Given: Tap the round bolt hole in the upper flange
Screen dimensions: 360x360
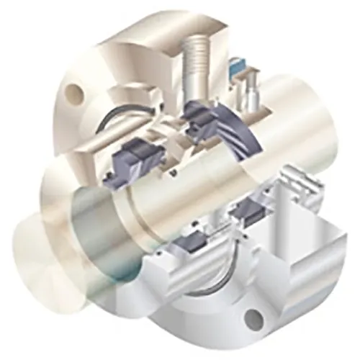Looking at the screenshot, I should [73, 91].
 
